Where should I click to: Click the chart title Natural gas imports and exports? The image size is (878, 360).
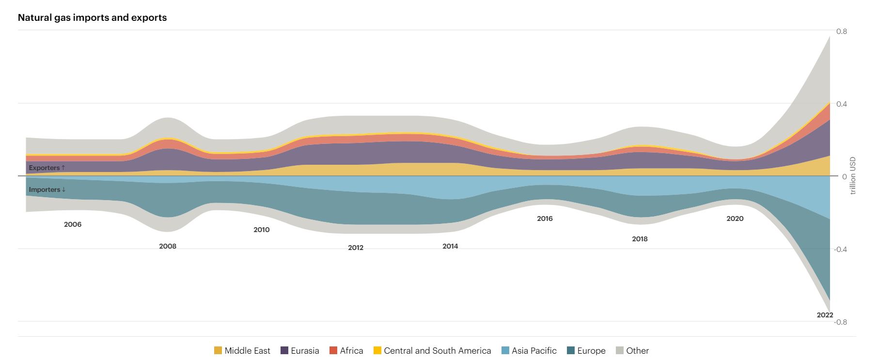[x=92, y=17]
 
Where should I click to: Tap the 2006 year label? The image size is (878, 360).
[x=73, y=224]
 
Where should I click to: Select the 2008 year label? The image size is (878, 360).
[x=168, y=246]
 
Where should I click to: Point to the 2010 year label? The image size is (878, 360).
[x=262, y=230]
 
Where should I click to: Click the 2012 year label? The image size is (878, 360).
[x=356, y=248]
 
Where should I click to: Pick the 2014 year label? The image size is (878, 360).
[x=450, y=246]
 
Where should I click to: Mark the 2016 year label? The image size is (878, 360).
[x=545, y=219]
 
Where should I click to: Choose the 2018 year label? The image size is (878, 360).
[x=640, y=239]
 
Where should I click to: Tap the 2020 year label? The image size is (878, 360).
[x=735, y=219]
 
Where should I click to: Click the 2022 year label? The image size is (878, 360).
[x=825, y=315]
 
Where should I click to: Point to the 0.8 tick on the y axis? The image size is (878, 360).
[x=842, y=31]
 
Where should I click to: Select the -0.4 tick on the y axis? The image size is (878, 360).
[x=841, y=250]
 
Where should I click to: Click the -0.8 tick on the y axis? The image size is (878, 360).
[x=841, y=322]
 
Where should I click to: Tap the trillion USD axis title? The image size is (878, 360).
[x=853, y=176]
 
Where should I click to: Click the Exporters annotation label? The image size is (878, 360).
[x=47, y=168]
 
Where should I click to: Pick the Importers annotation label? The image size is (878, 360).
[x=47, y=189]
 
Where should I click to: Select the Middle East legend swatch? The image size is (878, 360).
[x=218, y=350]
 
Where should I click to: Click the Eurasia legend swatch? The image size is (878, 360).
[x=284, y=350]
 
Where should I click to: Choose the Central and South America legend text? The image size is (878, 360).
[x=437, y=350]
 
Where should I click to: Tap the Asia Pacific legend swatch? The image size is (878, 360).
[x=505, y=350]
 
